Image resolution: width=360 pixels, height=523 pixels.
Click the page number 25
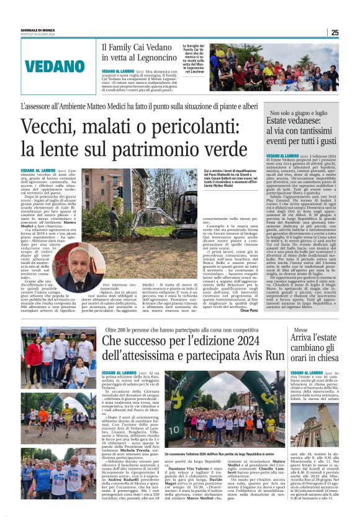(x=335, y=32)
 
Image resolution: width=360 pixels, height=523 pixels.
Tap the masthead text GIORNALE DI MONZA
(x=38, y=29)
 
